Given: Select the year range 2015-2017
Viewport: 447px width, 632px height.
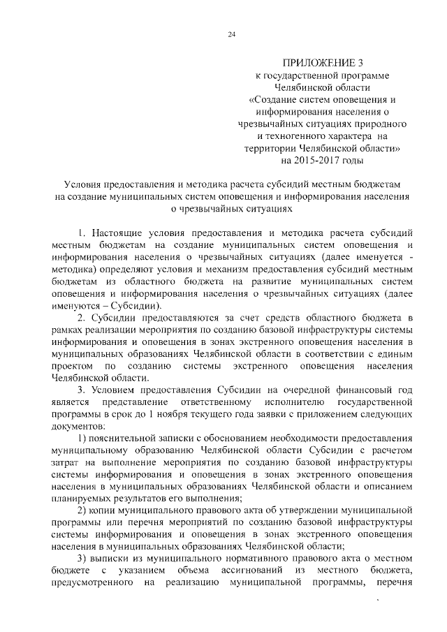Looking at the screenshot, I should click(x=328, y=161).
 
